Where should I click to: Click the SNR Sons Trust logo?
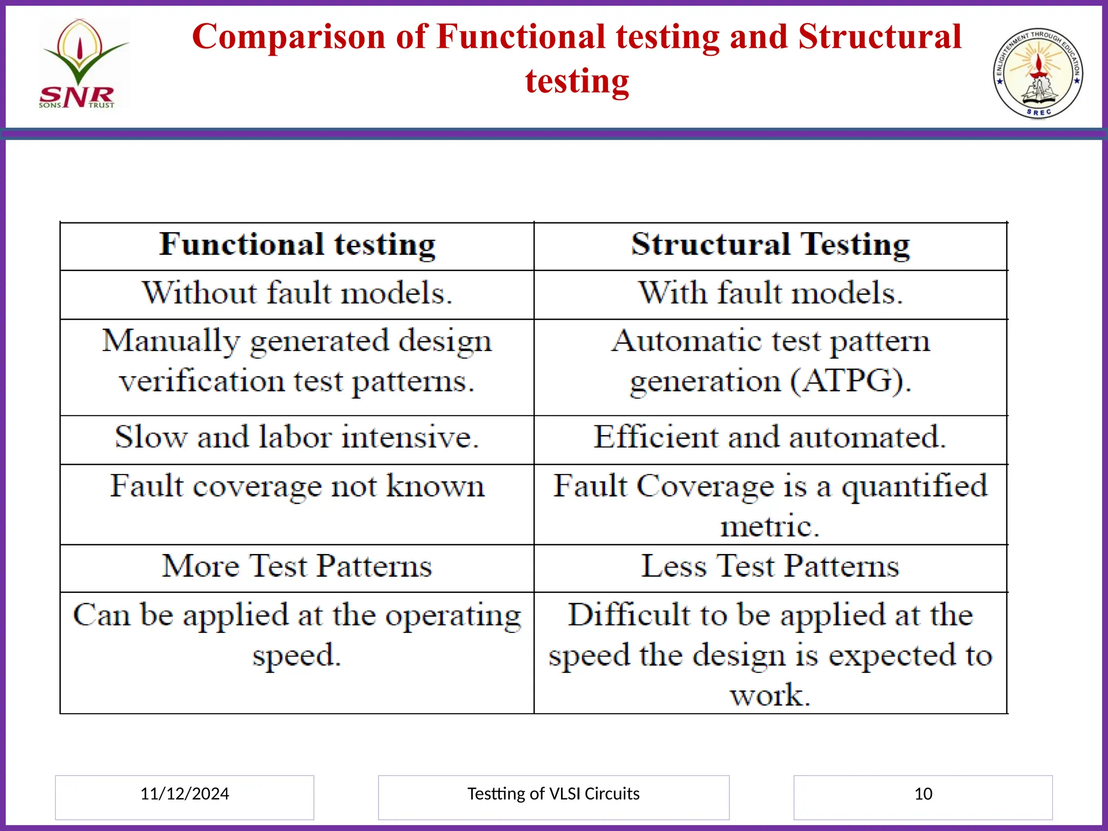[x=81, y=64]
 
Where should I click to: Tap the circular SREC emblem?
[x=1038, y=73]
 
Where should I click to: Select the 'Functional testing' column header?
[x=297, y=245]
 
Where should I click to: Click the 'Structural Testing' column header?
[x=770, y=245]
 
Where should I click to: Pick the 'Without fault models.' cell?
[x=297, y=293]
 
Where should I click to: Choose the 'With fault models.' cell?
[x=770, y=293]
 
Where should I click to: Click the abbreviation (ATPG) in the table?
[x=850, y=381]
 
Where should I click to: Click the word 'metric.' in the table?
[x=770, y=526]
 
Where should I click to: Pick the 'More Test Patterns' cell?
[x=297, y=566]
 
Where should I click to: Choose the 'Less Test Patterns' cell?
[x=770, y=566]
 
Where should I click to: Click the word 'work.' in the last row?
[x=770, y=695]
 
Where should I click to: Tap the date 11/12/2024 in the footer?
[x=184, y=794]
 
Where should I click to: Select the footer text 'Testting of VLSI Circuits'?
[x=553, y=794]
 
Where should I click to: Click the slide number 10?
[x=923, y=794]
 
